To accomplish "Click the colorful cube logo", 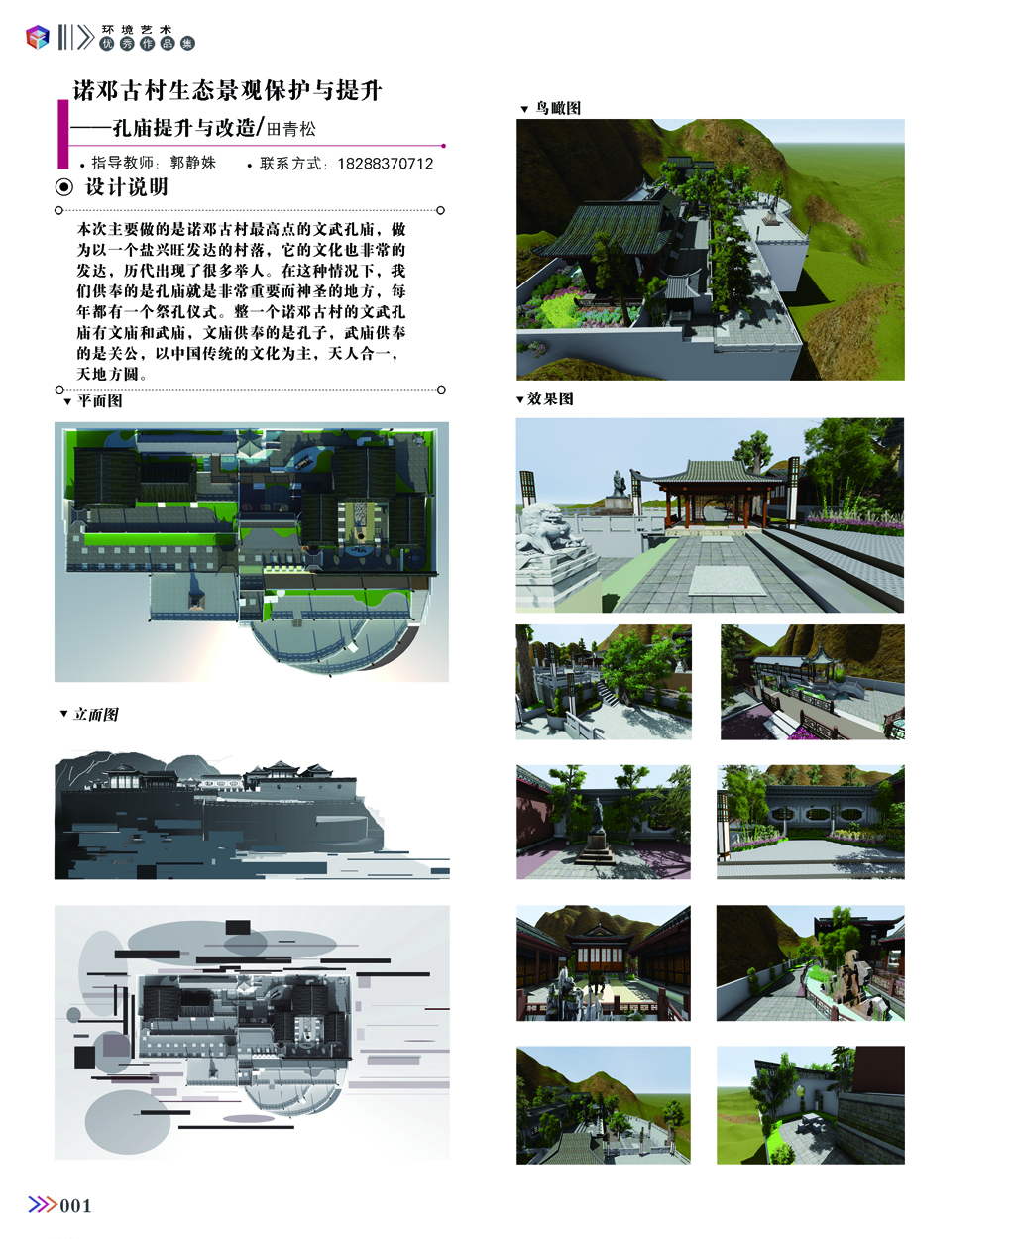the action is pos(38,37).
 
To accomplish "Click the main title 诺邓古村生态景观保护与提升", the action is pos(227,90).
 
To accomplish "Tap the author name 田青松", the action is pos(291,129).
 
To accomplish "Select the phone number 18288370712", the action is pos(386,164).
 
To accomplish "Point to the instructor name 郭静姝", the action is pos(193,163).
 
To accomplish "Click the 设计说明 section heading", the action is pos(127,187).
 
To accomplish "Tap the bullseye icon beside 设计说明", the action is pos(64,187).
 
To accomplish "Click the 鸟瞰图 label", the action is pos(558,108).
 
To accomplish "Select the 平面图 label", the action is pos(100,401).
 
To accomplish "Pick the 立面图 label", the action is pos(96,715).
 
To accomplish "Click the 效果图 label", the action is pos(550,398).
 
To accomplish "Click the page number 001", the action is pos(75,1206).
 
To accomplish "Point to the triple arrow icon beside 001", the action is pos(43,1205).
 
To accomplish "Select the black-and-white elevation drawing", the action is pos(252,815).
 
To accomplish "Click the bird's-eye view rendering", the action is pos(710,250).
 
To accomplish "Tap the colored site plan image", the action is pos(252,552).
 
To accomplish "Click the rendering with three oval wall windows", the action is pos(811,822).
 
